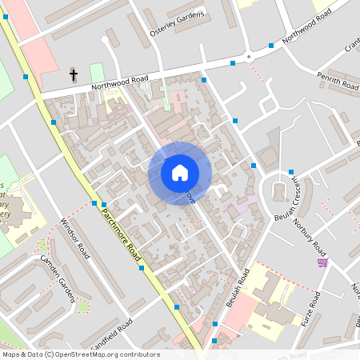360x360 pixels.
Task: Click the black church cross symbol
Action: [x=74, y=75]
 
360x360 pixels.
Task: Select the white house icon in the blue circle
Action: [x=180, y=173]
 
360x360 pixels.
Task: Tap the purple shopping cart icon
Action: [x=322, y=262]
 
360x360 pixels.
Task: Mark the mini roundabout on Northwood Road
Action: [x=249, y=56]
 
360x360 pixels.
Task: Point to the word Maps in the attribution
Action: [x=12, y=354]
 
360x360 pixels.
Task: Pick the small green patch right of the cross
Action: [x=97, y=72]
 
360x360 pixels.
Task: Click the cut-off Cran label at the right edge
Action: [x=351, y=46]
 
